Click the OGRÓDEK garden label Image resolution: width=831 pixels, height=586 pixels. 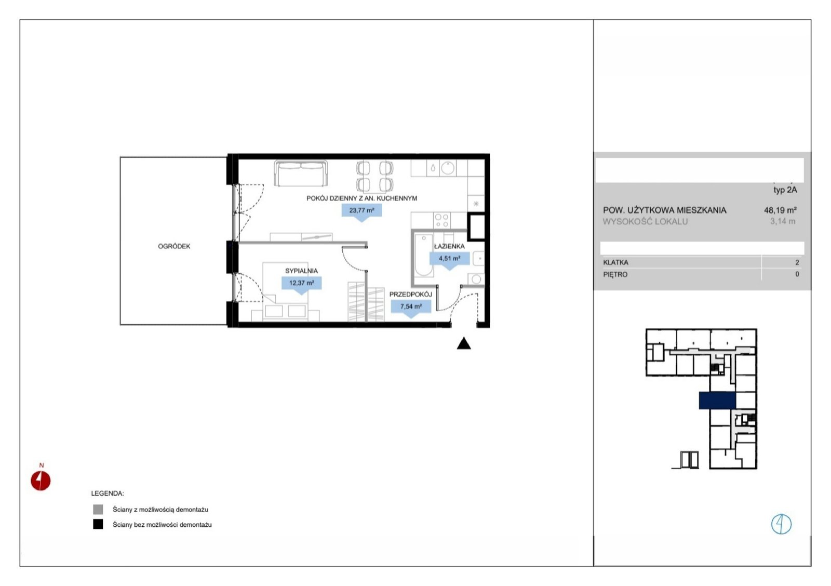click(x=174, y=246)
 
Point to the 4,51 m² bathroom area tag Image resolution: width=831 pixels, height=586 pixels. click(x=450, y=259)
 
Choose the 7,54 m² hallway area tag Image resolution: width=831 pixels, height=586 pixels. click(x=411, y=307)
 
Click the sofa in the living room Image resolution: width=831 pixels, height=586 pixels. click(x=301, y=174)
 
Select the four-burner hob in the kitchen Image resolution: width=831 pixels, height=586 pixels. click(x=442, y=220)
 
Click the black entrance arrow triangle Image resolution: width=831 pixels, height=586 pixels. click(x=464, y=344)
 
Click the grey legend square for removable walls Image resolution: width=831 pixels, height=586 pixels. click(x=98, y=509)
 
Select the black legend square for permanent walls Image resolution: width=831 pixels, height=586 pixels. click(x=98, y=524)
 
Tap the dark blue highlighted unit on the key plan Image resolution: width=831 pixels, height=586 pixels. click(x=717, y=401)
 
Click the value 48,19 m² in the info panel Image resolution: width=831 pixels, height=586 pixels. click(x=780, y=210)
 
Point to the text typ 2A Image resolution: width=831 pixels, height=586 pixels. click(x=785, y=190)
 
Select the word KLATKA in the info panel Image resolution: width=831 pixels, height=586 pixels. click(x=616, y=263)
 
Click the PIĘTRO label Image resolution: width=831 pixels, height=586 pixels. click(x=615, y=275)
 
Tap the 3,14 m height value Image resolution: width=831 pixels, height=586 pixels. click(x=783, y=221)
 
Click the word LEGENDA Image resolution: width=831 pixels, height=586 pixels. click(x=108, y=494)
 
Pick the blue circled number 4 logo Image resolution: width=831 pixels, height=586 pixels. click(x=781, y=524)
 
